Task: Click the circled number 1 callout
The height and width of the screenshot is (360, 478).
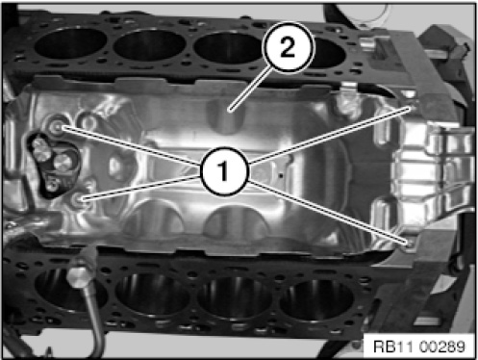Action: (x=224, y=170)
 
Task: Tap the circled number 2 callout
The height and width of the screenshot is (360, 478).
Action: (x=288, y=47)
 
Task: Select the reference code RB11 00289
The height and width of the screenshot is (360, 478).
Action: (x=419, y=347)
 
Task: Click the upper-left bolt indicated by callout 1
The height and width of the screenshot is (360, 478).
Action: (x=58, y=127)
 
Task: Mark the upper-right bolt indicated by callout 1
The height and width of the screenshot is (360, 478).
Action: (x=413, y=108)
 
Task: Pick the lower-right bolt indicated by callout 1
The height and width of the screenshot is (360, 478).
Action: (x=410, y=244)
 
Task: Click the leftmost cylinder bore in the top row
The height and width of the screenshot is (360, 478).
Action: (x=70, y=44)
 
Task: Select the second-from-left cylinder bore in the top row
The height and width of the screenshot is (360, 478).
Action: (x=149, y=45)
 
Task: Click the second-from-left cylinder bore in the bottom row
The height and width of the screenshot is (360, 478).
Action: (x=152, y=296)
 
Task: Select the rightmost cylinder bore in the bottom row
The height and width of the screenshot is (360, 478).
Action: (x=316, y=301)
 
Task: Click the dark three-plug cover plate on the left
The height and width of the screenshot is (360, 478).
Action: (x=53, y=165)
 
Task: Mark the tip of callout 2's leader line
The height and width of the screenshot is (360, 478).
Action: (x=229, y=111)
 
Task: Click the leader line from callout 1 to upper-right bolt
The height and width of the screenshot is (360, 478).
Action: (x=330, y=137)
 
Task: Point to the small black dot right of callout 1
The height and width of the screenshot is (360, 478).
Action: (x=281, y=175)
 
